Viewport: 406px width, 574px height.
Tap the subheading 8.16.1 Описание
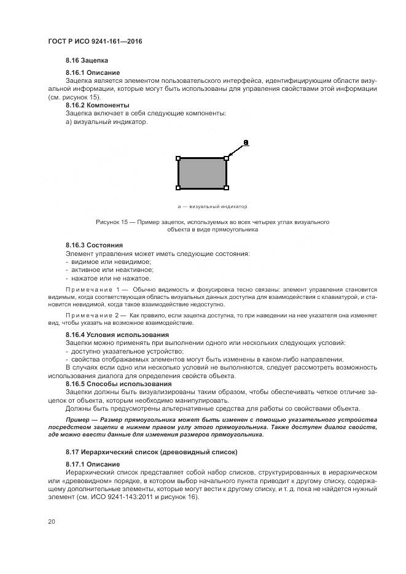tap(93, 73)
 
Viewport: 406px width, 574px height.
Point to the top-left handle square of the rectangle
tap(178, 158)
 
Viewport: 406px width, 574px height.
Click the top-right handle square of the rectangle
tap(226, 158)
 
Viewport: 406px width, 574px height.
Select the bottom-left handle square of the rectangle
tap(178, 188)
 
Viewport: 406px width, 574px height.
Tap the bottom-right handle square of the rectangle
tap(226, 188)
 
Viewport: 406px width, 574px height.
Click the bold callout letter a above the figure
tap(246, 143)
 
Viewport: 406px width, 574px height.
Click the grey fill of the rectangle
tap(202, 173)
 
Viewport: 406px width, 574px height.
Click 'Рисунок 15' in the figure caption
tap(112, 222)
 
